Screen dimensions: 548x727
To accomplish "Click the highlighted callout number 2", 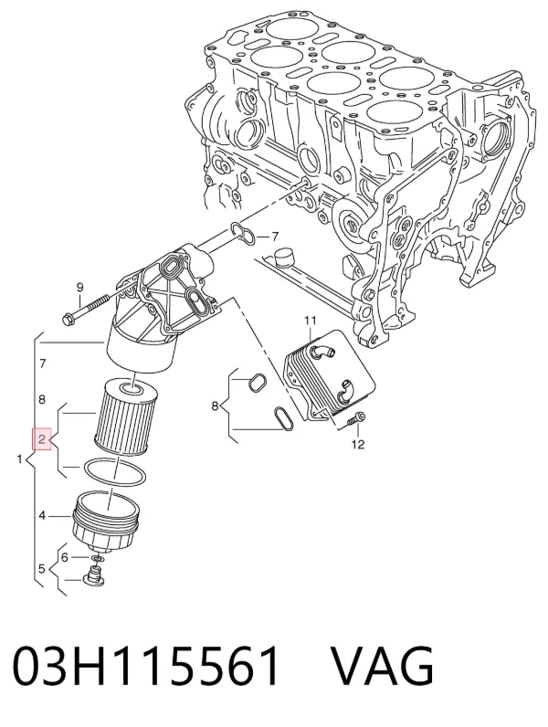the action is [42, 438].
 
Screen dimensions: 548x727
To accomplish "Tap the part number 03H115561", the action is [146, 666].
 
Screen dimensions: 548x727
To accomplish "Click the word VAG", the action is [382, 666].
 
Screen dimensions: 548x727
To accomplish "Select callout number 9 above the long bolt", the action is [79, 288].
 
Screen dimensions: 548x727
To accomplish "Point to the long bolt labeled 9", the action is [88, 309].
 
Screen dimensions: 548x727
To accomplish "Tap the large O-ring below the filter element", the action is [114, 473].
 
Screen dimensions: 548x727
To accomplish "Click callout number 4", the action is [42, 515].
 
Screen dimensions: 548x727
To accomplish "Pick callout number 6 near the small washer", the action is [65, 557].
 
